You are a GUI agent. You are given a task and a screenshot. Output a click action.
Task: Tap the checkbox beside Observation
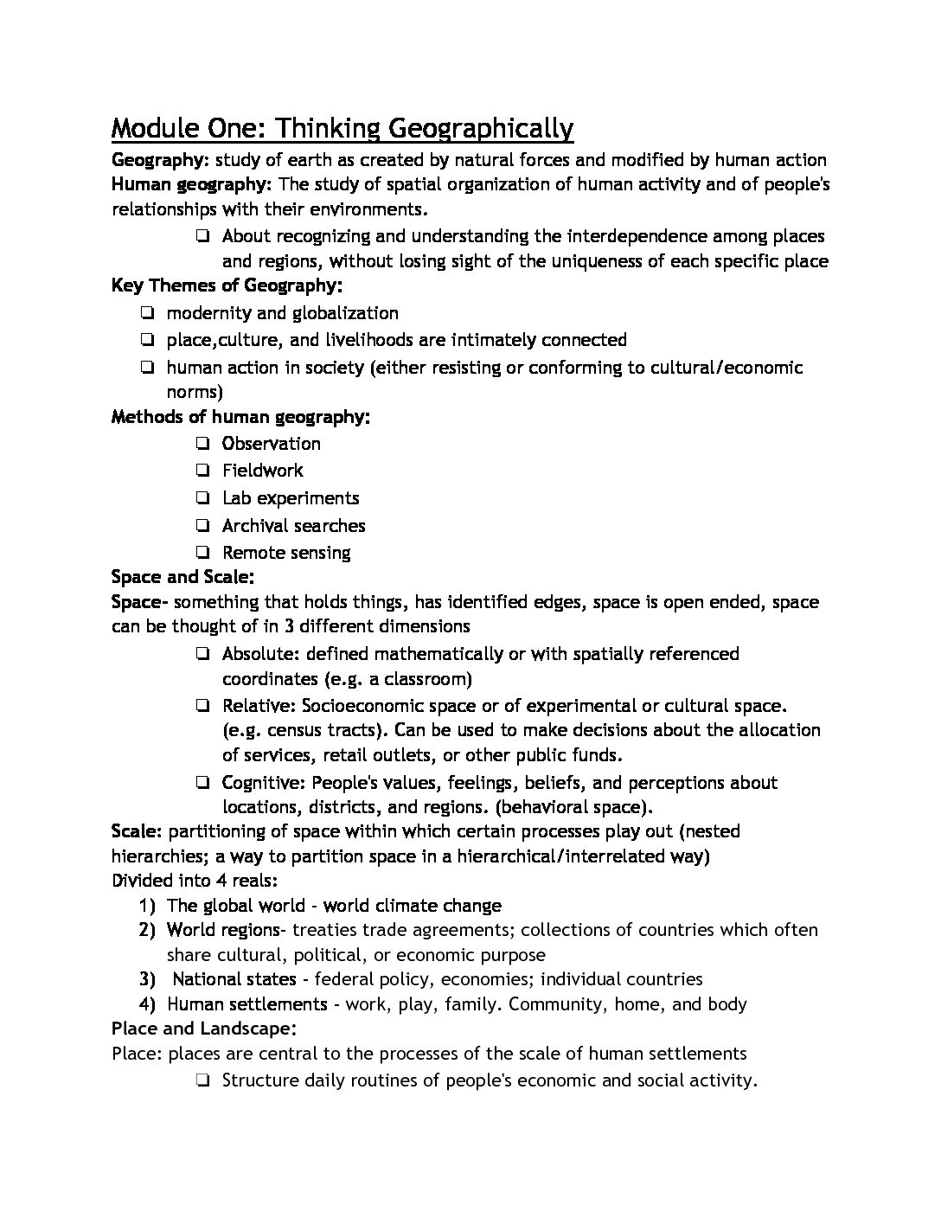point(202,445)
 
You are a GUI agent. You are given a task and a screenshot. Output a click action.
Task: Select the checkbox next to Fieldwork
point(202,471)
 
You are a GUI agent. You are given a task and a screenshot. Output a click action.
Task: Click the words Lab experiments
point(290,498)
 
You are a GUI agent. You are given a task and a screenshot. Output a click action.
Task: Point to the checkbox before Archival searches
point(202,527)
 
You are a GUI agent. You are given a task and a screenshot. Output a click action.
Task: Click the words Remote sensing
point(286,553)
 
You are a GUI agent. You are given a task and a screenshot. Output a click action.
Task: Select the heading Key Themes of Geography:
point(227,285)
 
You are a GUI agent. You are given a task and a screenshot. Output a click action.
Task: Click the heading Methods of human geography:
point(240,417)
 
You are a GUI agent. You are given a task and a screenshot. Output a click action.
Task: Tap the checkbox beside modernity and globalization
point(147,314)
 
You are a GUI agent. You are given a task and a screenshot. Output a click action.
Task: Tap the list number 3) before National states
point(147,979)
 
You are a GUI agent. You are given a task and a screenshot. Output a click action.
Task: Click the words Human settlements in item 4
point(246,1004)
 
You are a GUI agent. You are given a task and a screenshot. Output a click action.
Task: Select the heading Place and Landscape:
point(204,1029)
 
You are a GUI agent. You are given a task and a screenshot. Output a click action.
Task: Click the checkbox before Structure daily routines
point(202,1081)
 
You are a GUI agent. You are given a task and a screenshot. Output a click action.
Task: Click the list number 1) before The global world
point(147,906)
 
